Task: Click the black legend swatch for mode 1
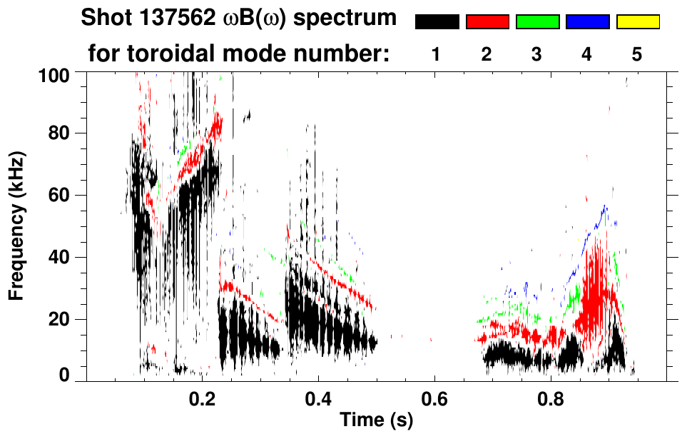(437, 22)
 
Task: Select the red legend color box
(487, 22)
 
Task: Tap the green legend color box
(537, 22)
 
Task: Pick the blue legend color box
(587, 22)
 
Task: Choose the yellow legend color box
(638, 22)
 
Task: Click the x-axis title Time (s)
(376, 420)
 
